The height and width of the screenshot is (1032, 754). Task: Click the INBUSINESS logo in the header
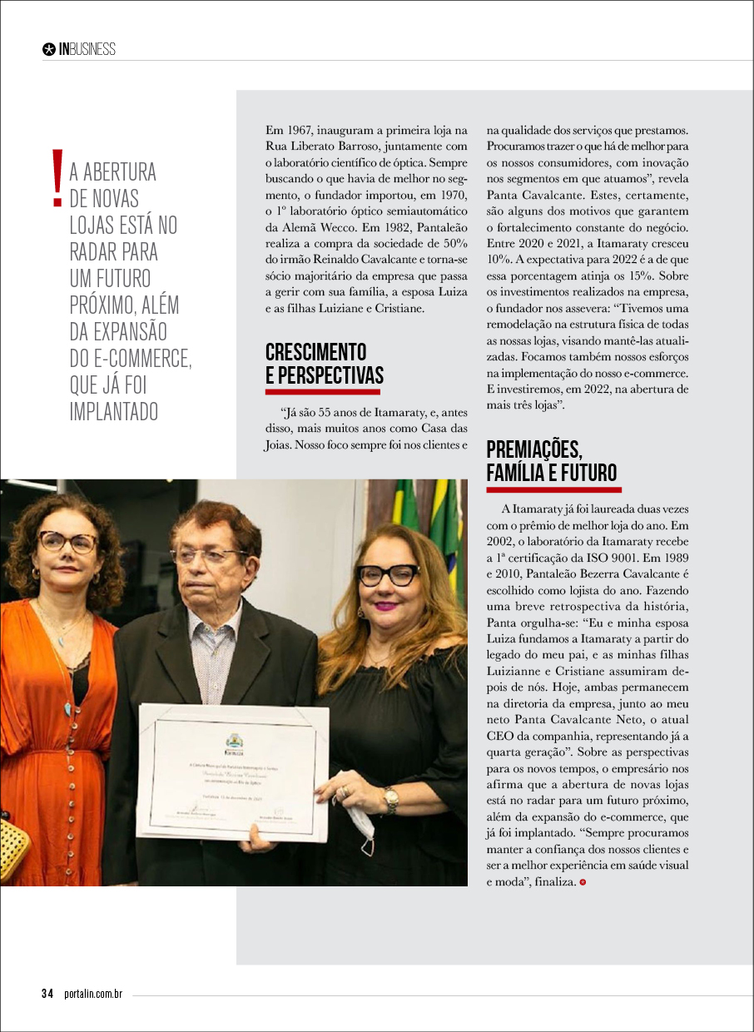(80, 49)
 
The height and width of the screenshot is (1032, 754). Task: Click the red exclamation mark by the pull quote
(57, 178)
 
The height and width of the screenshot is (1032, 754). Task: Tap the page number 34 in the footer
(47, 994)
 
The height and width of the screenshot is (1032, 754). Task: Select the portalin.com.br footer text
(93, 994)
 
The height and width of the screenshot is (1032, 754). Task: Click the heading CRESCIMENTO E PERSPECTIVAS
(324, 363)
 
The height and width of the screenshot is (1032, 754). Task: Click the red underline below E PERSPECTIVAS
(323, 391)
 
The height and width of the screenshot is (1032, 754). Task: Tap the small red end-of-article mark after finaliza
(583, 881)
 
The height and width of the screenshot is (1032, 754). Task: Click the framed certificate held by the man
(233, 770)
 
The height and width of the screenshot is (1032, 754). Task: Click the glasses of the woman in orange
(66, 542)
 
